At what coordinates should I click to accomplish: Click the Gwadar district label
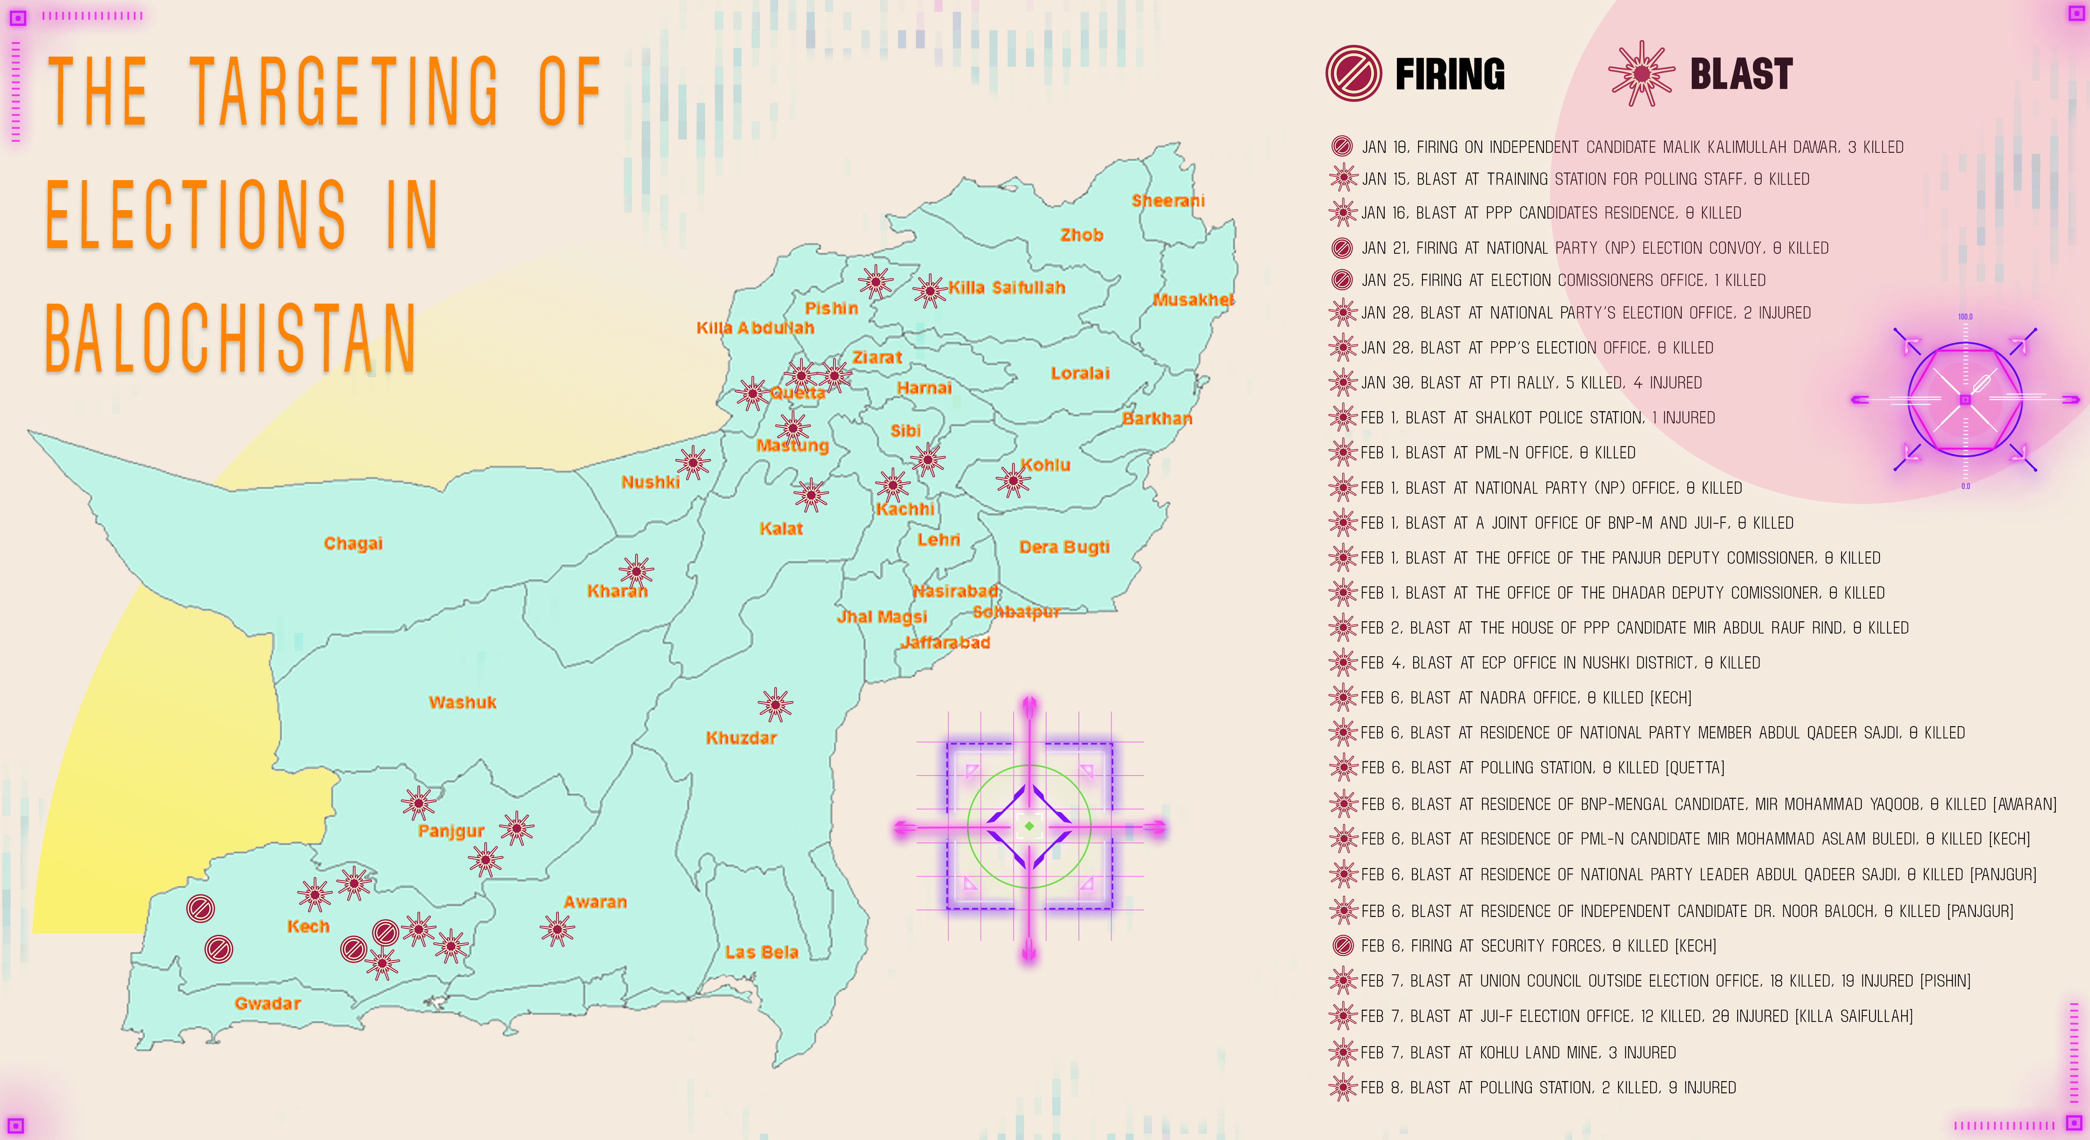tap(268, 1004)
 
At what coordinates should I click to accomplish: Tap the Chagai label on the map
tap(353, 544)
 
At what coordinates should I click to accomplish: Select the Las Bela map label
tap(761, 953)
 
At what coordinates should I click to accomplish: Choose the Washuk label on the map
tap(462, 703)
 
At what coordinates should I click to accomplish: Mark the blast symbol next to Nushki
tap(693, 463)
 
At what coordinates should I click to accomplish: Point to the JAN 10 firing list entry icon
tap(1342, 147)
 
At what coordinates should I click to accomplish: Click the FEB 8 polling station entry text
tap(1548, 1087)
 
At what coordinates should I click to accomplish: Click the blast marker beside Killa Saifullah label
tap(930, 290)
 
